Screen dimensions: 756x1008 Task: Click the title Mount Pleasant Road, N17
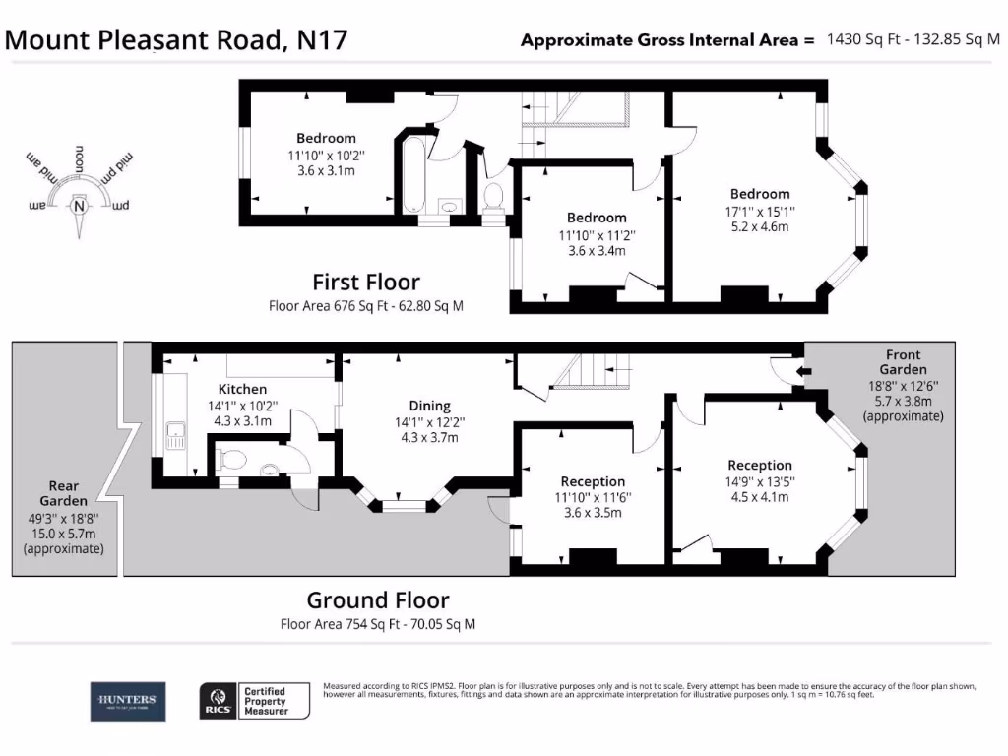click(x=176, y=39)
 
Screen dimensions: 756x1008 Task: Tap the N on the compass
click(x=78, y=206)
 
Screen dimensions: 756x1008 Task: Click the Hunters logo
click(x=129, y=702)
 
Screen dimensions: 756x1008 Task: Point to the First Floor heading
click(x=366, y=283)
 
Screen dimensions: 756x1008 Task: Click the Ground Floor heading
click(x=378, y=599)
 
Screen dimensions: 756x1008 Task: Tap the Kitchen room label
click(x=243, y=390)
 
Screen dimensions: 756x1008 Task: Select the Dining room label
click(x=429, y=406)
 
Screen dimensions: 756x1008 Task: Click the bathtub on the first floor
click(x=413, y=174)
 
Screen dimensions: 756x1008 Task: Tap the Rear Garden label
click(x=64, y=492)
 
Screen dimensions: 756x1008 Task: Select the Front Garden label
click(x=903, y=362)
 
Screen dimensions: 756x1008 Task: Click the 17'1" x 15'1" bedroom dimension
click(x=759, y=211)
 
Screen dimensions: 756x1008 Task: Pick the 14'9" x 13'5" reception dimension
click(x=759, y=481)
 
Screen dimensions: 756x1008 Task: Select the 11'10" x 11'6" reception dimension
click(x=593, y=498)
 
